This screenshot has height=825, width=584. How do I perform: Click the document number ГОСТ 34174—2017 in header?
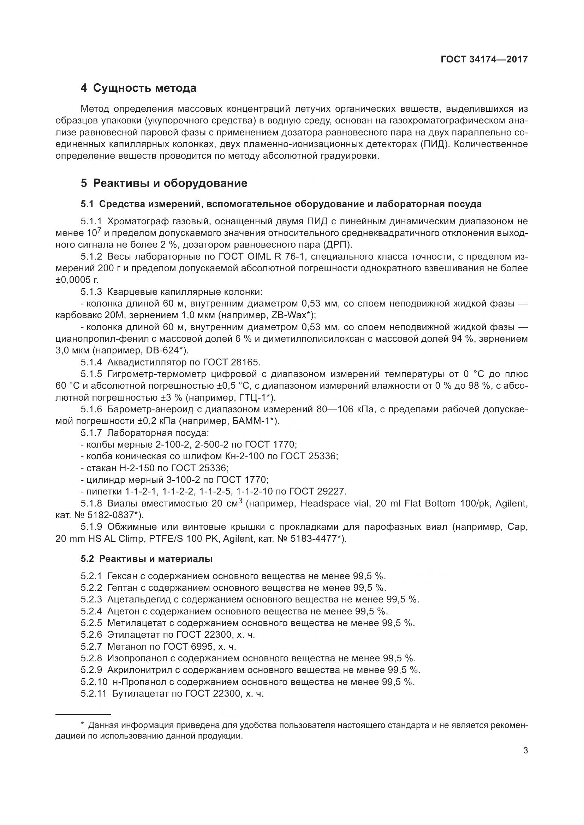484,59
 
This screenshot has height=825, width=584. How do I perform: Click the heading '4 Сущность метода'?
138,88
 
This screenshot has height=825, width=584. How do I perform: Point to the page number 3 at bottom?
525,751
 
